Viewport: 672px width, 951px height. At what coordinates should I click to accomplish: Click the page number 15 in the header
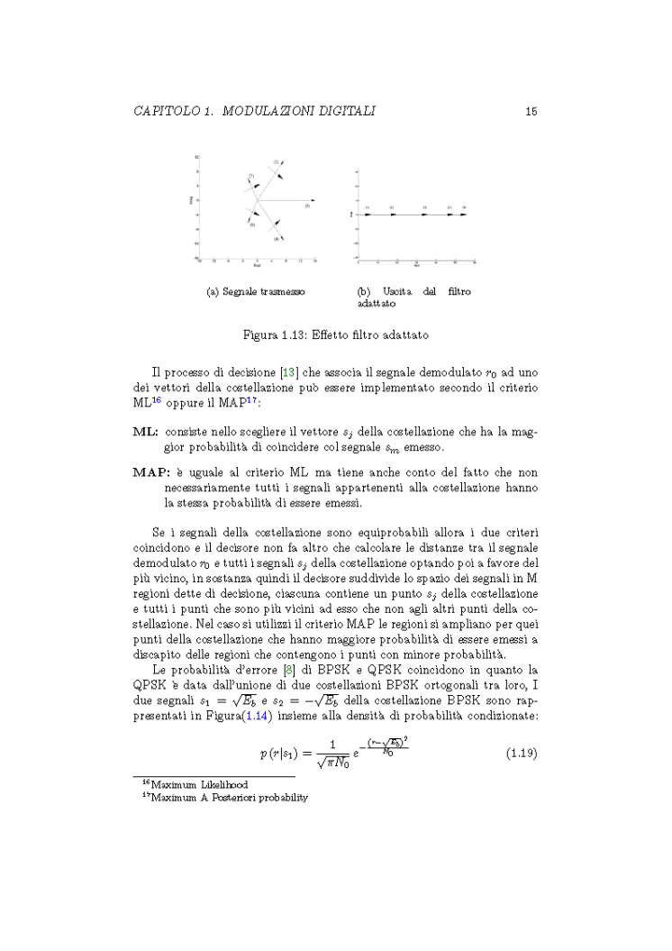pyautogui.click(x=531, y=112)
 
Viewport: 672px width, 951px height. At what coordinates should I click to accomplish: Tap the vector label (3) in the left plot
pyautogui.click(x=307, y=206)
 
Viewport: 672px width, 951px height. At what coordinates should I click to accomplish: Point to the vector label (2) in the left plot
pyautogui.click(x=276, y=160)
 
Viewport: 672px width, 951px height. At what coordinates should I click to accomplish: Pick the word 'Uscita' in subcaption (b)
pyautogui.click(x=397, y=292)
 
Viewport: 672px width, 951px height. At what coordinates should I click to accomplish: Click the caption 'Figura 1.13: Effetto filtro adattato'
pyautogui.click(x=335, y=335)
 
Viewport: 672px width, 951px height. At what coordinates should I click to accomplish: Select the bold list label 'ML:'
pyautogui.click(x=146, y=432)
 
